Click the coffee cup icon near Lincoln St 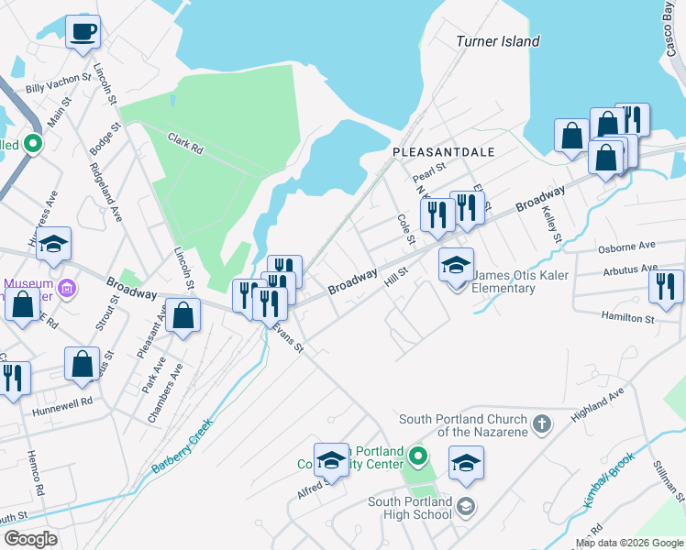point(83,32)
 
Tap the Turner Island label point(498,41)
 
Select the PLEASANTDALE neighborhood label point(443,150)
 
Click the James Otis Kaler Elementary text point(504,282)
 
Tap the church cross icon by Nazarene point(542,423)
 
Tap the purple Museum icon point(66,290)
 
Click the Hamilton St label point(627,318)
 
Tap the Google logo point(30,539)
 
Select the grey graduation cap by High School point(466,507)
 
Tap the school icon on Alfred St point(331,460)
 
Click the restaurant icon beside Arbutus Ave point(666,286)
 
